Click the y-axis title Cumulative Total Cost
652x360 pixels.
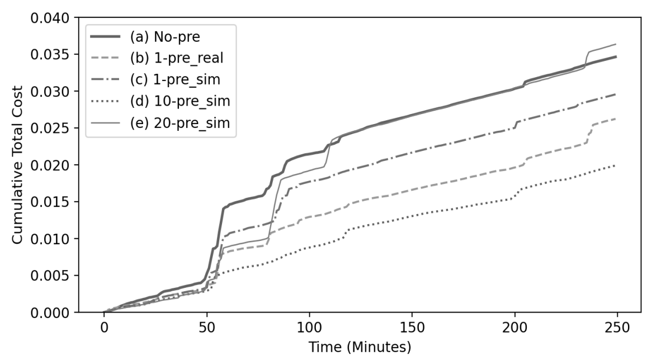(x=18, y=165)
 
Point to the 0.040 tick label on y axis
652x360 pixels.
(x=50, y=18)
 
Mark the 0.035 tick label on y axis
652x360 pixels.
(x=50, y=55)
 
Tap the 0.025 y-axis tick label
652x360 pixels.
(x=50, y=129)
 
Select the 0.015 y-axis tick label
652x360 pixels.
(x=50, y=202)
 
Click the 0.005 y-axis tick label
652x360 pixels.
(x=50, y=276)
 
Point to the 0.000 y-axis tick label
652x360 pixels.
(x=50, y=312)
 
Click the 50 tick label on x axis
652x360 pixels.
(x=207, y=326)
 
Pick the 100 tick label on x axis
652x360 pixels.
(x=309, y=326)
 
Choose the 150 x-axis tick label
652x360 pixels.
(x=412, y=326)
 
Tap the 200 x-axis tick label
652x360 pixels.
(x=514, y=326)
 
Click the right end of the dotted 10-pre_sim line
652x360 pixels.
(x=615, y=165)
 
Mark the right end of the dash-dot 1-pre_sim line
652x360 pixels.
(x=615, y=94)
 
